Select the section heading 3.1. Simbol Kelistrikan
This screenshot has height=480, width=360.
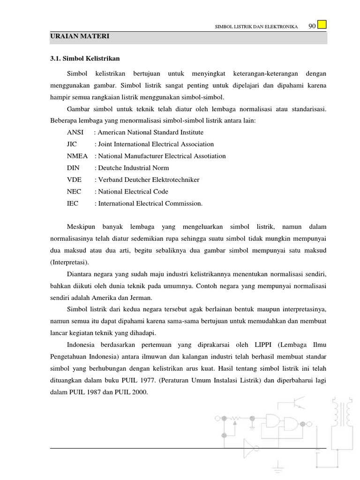85,59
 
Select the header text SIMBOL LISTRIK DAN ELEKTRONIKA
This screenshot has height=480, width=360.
256,27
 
